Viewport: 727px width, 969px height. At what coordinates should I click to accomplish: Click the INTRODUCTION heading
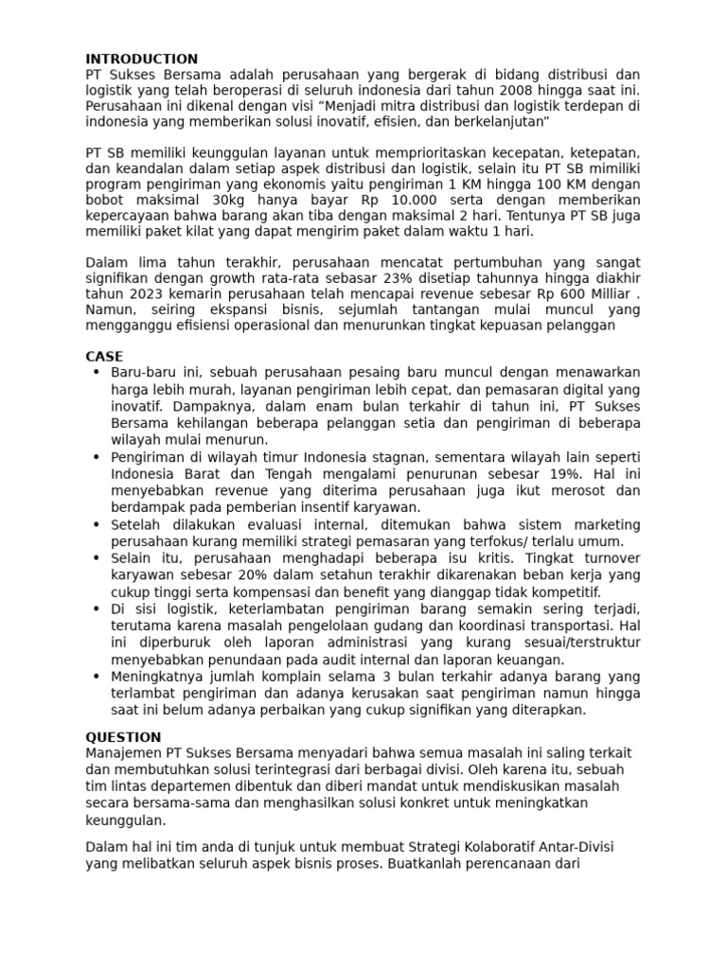pos(142,59)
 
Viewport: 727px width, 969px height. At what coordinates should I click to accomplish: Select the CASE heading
pos(104,357)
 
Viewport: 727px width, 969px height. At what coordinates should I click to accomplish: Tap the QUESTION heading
pos(123,737)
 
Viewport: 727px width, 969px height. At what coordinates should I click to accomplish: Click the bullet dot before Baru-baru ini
pos(97,373)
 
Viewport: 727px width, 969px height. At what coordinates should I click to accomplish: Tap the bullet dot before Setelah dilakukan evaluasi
pos(97,524)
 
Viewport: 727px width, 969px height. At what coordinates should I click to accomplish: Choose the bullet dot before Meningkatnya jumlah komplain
pos(97,676)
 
